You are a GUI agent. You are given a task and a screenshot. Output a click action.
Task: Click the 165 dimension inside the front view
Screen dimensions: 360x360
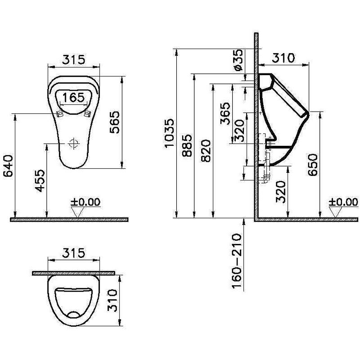pyautogui.click(x=73, y=98)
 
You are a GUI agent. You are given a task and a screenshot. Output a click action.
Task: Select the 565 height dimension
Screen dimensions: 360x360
pyautogui.click(x=115, y=122)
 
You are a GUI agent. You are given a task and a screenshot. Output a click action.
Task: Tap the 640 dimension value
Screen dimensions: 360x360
pyautogui.click(x=8, y=165)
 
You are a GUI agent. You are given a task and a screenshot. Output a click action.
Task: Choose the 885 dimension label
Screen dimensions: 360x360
pyautogui.click(x=187, y=145)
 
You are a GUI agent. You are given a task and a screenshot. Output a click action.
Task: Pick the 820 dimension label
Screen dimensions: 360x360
pyautogui.click(x=206, y=150)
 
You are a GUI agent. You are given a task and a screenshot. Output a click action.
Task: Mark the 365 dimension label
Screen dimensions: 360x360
pyautogui.click(x=225, y=113)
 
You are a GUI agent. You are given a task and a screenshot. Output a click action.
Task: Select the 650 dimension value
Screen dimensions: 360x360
pyautogui.click(x=313, y=165)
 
